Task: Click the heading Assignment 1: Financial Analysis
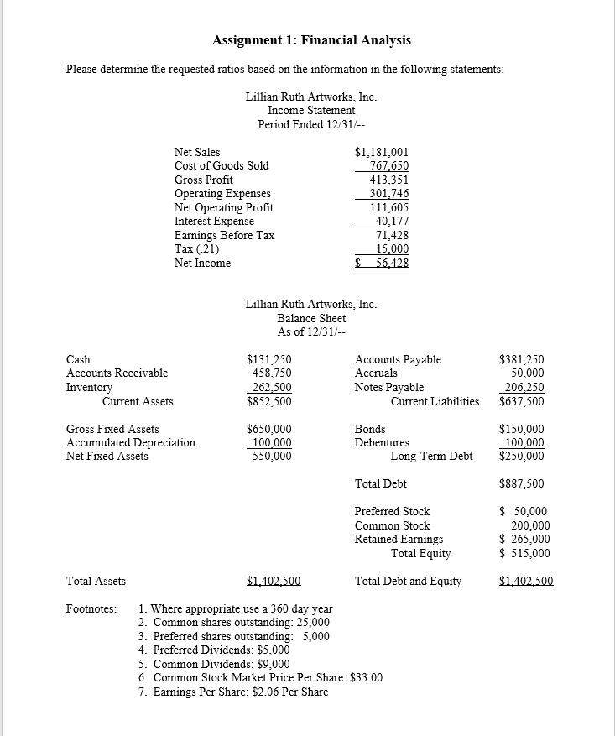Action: tap(311, 40)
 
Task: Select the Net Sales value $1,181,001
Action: tap(382, 152)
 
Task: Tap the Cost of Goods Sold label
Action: tap(222, 166)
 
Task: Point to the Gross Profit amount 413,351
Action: tap(389, 180)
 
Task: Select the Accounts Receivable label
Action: tap(117, 373)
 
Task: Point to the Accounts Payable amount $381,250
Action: tap(521, 359)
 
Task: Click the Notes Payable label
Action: tap(389, 388)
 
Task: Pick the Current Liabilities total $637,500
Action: tap(521, 401)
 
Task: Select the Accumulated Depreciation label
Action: tap(130, 442)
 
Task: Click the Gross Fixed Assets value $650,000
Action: tap(268, 429)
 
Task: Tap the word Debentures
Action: tap(382, 442)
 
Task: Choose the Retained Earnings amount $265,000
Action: tap(524, 540)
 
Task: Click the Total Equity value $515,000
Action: tap(524, 553)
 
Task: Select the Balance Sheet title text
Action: tap(311, 318)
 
